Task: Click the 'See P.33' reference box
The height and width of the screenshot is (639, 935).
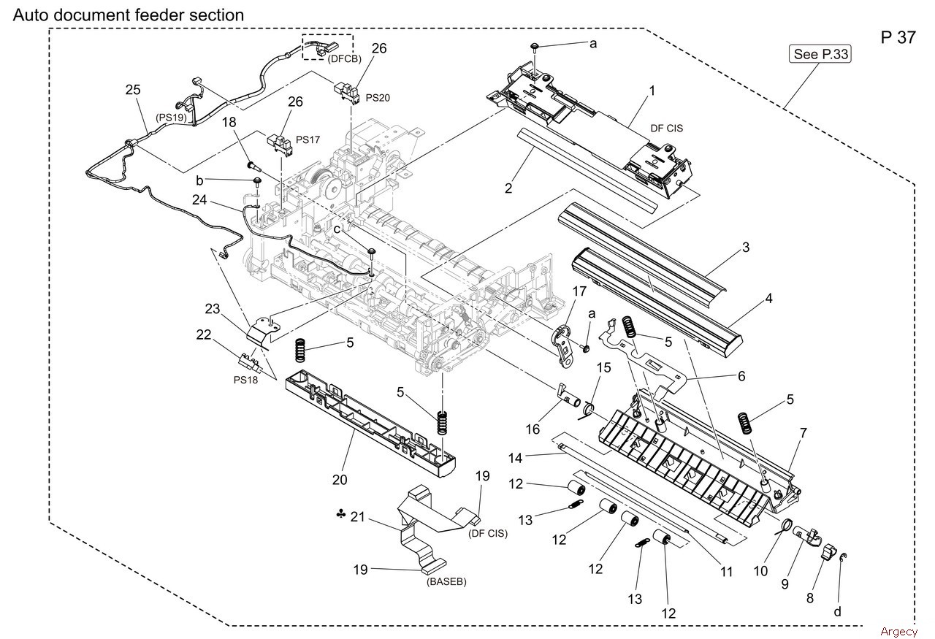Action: pyautogui.click(x=820, y=54)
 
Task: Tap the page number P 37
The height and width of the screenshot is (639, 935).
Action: pyautogui.click(x=898, y=37)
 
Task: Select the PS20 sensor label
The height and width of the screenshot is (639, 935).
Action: pyautogui.click(x=378, y=98)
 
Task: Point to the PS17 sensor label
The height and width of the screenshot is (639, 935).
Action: pyautogui.click(x=308, y=139)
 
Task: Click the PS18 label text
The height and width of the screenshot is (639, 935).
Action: pyautogui.click(x=245, y=380)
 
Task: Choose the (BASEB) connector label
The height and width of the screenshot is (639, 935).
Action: pyautogui.click(x=446, y=581)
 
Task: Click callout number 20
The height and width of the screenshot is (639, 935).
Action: pyautogui.click(x=340, y=480)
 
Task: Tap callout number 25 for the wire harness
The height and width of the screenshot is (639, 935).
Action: pyautogui.click(x=133, y=90)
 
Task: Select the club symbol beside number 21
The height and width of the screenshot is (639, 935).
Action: pyautogui.click(x=340, y=515)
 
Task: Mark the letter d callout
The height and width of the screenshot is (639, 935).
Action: pyautogui.click(x=837, y=612)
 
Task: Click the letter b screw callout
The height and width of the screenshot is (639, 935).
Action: pyautogui.click(x=199, y=180)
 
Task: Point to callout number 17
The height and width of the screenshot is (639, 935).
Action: pyautogui.click(x=579, y=291)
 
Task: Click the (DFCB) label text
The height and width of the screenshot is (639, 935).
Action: pyautogui.click(x=344, y=59)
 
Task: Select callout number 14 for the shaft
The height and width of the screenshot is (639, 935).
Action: pyautogui.click(x=516, y=459)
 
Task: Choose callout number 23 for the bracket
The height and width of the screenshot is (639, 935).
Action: pyautogui.click(x=213, y=309)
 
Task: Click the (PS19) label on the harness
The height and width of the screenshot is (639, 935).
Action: pyautogui.click(x=171, y=118)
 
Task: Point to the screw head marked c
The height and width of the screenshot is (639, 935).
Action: pyautogui.click(x=371, y=250)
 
